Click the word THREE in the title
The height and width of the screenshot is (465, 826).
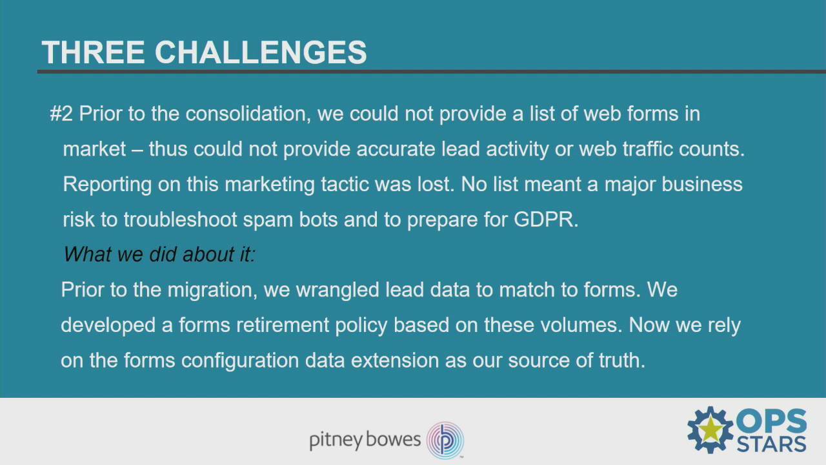pos(93,52)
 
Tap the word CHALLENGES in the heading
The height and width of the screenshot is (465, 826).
pos(261,52)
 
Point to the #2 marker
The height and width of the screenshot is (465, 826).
pos(61,114)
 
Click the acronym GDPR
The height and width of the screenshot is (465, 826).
pos(545,220)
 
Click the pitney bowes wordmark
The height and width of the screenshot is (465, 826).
pos(365,440)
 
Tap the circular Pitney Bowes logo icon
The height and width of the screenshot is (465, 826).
pos(445,440)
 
